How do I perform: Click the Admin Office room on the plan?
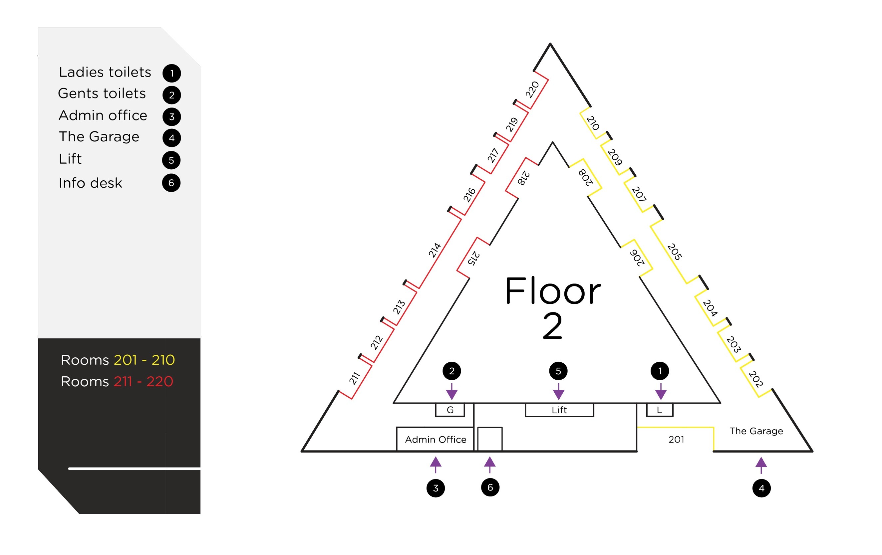click(x=435, y=439)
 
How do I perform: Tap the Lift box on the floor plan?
click(x=559, y=410)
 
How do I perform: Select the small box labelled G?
click(x=450, y=410)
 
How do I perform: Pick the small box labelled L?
click(x=659, y=410)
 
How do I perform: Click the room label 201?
click(x=676, y=439)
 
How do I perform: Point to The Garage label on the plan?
click(x=755, y=431)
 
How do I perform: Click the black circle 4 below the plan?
click(x=761, y=488)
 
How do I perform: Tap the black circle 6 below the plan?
click(x=490, y=487)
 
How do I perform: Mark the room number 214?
click(x=435, y=250)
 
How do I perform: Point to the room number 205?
click(x=674, y=252)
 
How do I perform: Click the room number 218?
click(x=523, y=178)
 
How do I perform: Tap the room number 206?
click(x=637, y=258)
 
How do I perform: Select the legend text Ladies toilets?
click(x=105, y=72)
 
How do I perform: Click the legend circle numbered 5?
click(x=171, y=160)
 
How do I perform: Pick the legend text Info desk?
click(x=90, y=183)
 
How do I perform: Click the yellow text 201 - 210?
click(x=144, y=360)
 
